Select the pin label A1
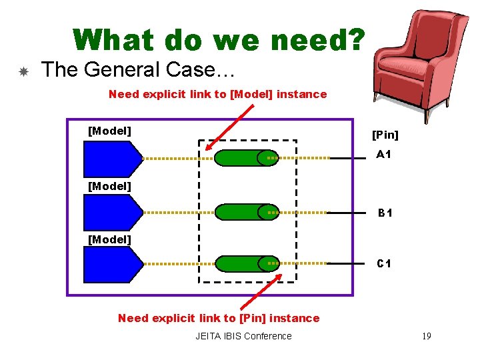[x=383, y=155]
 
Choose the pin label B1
[x=385, y=213]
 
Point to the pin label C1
[x=384, y=264]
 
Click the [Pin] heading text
[x=385, y=135]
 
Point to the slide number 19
[x=426, y=336]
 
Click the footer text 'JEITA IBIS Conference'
[x=243, y=336]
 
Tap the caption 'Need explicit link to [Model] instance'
[x=217, y=94]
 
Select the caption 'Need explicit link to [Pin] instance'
[x=219, y=318]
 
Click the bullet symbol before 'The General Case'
[x=23, y=71]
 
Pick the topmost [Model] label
[x=109, y=131]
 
